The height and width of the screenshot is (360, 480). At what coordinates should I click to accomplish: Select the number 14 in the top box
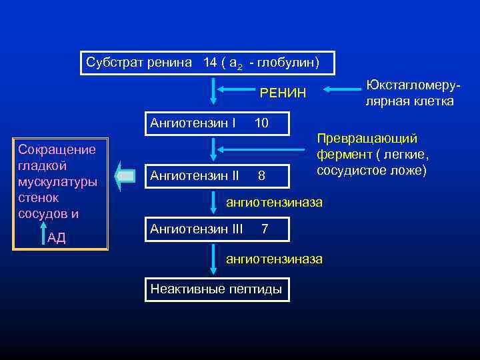click(x=210, y=63)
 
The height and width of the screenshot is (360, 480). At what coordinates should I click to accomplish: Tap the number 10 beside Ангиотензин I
click(x=261, y=123)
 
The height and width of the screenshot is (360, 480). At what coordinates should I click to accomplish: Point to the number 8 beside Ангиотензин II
click(x=261, y=176)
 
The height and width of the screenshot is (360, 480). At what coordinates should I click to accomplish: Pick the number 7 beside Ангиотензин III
click(x=265, y=229)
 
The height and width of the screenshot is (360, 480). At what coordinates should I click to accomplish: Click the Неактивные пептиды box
click(x=217, y=289)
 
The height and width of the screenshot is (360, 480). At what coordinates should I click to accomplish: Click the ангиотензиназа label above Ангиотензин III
click(x=275, y=201)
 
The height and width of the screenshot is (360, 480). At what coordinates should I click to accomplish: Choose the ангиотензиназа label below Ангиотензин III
click(x=275, y=258)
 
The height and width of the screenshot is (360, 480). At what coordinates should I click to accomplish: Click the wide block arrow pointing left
click(x=125, y=176)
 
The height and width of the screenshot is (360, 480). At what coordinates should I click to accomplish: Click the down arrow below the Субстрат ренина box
click(x=213, y=90)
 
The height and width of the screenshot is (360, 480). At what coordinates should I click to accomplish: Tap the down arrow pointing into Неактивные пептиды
click(x=213, y=261)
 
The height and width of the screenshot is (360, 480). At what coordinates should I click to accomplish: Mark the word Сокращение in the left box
click(x=57, y=149)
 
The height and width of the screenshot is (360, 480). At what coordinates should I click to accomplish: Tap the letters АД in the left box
click(x=57, y=238)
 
